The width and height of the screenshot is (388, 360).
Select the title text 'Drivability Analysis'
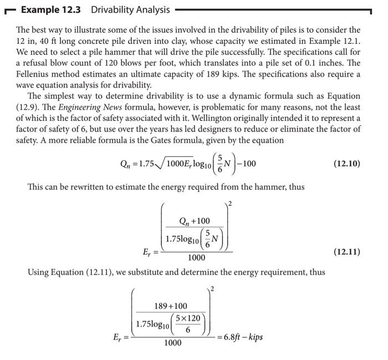(130, 10)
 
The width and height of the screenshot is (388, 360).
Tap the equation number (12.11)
(346, 251)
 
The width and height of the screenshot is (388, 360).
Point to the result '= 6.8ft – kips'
(240, 337)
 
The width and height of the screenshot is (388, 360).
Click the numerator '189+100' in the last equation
(170, 306)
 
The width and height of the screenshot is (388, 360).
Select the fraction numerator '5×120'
(187, 318)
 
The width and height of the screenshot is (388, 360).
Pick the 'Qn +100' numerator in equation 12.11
(195, 221)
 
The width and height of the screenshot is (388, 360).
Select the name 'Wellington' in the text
(249, 118)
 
